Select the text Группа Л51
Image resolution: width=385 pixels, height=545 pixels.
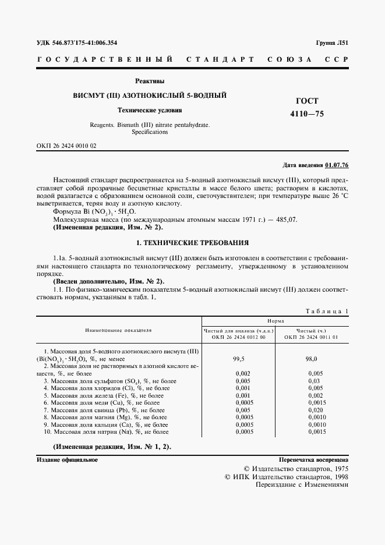click(332, 43)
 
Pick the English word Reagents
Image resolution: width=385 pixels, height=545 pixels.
click(104, 125)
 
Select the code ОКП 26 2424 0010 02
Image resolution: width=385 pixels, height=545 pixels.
click(67, 146)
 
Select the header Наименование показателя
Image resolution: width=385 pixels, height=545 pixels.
click(118, 330)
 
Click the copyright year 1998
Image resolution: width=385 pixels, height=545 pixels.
click(337, 476)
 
